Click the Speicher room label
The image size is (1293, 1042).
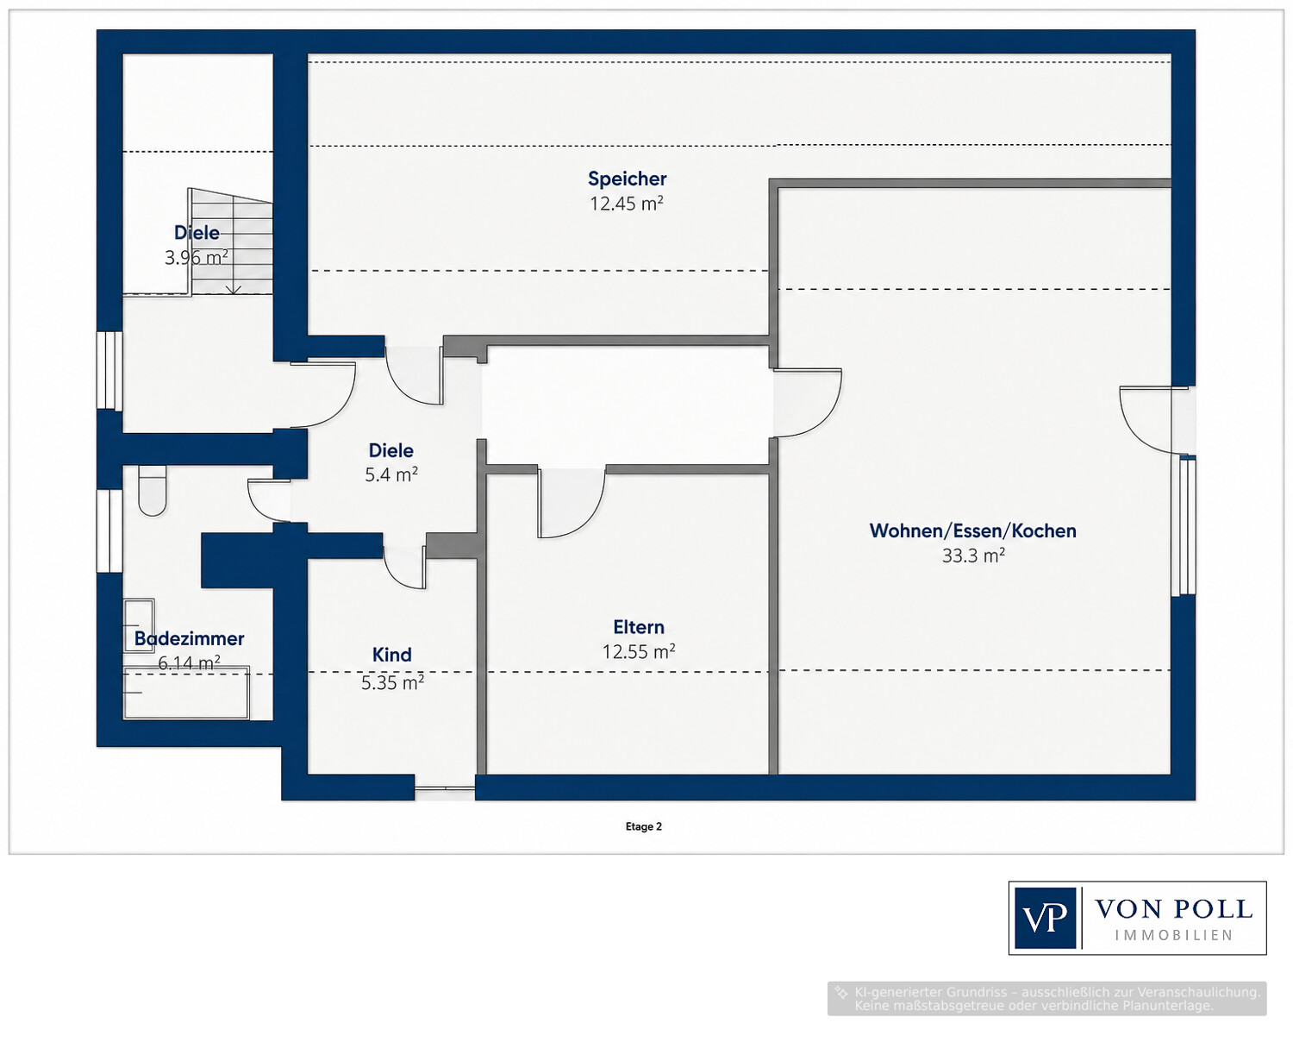(x=627, y=179)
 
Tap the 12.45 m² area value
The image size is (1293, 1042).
(x=626, y=204)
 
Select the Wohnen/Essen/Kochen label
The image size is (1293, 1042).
(x=972, y=531)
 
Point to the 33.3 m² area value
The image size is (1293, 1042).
(x=973, y=556)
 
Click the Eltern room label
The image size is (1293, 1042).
(x=638, y=627)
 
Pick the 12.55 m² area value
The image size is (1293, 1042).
(x=639, y=652)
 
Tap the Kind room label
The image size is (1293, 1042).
(x=391, y=655)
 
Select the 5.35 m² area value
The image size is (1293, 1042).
(x=392, y=682)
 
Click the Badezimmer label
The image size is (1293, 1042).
(x=189, y=638)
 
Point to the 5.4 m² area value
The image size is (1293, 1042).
(x=391, y=475)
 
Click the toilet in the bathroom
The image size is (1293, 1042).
(x=152, y=491)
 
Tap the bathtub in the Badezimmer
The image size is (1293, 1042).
(x=186, y=692)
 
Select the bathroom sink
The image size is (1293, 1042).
(x=139, y=625)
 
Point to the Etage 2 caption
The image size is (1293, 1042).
(x=644, y=826)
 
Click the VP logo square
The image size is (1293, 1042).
(x=1045, y=918)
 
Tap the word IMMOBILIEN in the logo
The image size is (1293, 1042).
(x=1174, y=936)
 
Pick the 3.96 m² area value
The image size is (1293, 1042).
(x=197, y=258)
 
